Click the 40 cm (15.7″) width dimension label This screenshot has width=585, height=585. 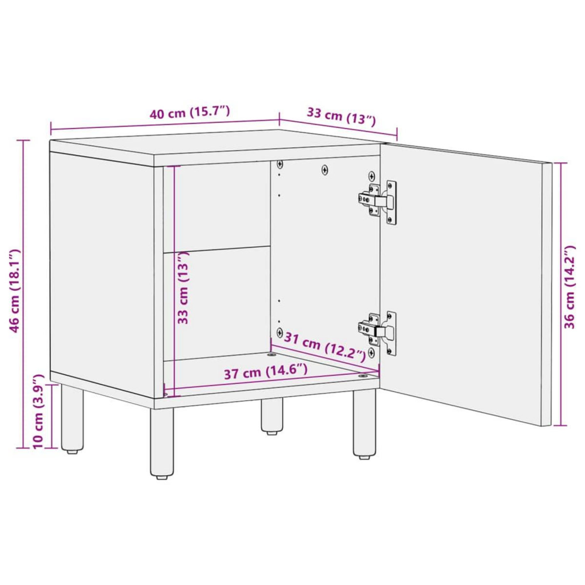(189, 113)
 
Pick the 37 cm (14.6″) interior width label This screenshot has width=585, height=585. (266, 373)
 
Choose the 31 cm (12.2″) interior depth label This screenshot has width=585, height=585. (324, 345)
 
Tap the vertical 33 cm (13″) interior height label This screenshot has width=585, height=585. (183, 288)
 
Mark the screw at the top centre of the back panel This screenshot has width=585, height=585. (325, 170)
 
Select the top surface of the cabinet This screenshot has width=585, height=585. (214, 146)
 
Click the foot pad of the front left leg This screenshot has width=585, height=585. (162, 478)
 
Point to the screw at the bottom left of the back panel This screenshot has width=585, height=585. (279, 332)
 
